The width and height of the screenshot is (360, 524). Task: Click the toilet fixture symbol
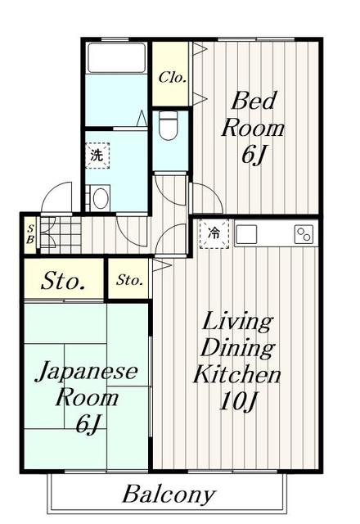pos(168,125)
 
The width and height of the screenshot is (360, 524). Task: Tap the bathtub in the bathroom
pos(116,58)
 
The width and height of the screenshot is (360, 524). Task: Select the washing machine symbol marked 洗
pos(97,156)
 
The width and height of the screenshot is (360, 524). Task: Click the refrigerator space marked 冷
pos(214,234)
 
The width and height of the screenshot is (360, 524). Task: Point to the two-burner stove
pos(304,234)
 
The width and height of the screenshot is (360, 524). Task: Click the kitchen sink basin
pos(246,234)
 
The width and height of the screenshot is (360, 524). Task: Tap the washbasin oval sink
pos(101,198)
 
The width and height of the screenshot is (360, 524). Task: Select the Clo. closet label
pos(172,78)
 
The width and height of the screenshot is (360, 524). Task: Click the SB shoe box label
pos(30,234)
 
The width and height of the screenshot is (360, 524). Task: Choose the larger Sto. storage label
pos(62,281)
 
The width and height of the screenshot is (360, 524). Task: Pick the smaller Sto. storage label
pos(129,280)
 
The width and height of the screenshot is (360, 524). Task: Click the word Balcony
pos(169,494)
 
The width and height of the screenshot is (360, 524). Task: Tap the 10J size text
pos(238,400)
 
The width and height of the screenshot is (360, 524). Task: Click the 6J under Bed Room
pos(253,155)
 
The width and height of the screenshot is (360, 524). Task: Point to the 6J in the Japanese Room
pos(88,423)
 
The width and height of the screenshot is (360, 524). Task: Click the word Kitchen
pos(237,374)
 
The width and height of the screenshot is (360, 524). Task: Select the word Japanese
pos(87,372)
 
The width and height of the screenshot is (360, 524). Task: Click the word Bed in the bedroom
pos(254,100)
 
